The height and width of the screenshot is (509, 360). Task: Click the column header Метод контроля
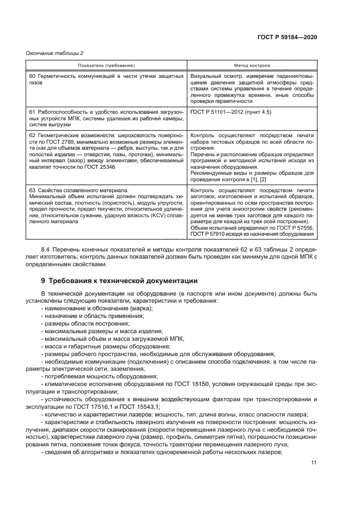pyautogui.click(x=252, y=65)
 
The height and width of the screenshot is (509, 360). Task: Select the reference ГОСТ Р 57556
pyautogui.click(x=296, y=228)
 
